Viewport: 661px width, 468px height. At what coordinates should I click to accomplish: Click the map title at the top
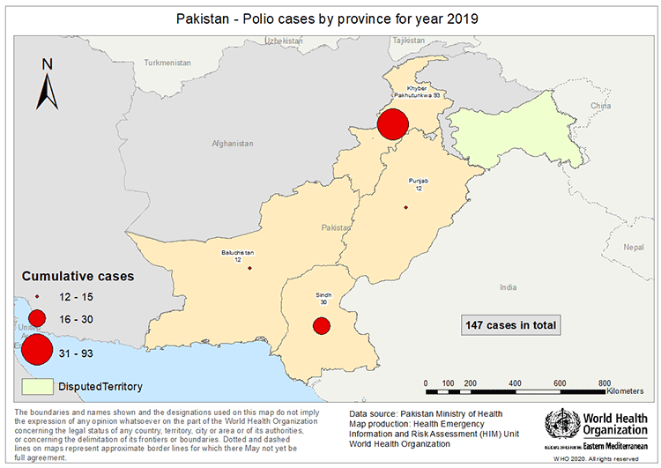(330, 19)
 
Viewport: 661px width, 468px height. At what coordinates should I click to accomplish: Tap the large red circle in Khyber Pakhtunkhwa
(392, 123)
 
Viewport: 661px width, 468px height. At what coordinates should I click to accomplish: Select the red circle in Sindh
(322, 325)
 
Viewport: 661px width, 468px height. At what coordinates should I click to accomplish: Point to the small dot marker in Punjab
(405, 207)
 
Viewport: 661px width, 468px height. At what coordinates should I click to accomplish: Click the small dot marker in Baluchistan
(249, 268)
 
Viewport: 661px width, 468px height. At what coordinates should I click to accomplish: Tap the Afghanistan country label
(232, 144)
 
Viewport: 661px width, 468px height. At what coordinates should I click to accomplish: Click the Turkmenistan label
(167, 63)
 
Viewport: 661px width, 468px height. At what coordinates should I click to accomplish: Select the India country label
(508, 287)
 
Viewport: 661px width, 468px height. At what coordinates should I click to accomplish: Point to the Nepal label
(633, 248)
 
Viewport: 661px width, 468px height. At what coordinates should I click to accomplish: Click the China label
(599, 106)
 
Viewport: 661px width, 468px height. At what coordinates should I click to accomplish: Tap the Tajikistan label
(409, 41)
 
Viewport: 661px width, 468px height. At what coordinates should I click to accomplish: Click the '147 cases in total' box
(510, 325)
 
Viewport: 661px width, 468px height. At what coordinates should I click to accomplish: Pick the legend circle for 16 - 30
(36, 317)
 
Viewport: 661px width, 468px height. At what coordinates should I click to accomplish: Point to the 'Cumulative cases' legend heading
(78, 276)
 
